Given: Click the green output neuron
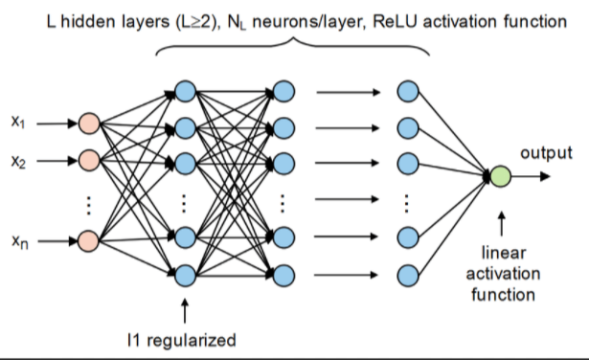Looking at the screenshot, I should coord(501,176).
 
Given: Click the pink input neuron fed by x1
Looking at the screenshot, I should coord(89,123).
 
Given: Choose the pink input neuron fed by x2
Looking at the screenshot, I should coord(89,158).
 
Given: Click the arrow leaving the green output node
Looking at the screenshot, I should coord(532,176).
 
